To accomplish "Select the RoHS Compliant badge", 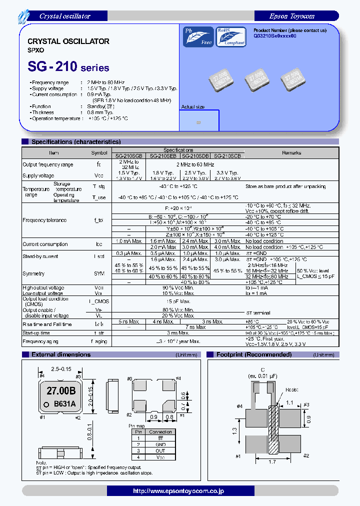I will point(231,36).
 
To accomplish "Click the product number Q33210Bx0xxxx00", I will point(275,36).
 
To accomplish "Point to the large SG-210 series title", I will point(68,66).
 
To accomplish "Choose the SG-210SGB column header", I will point(129,156).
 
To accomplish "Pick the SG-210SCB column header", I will point(227,156).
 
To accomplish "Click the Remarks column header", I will point(291,153).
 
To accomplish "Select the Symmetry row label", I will point(33,273).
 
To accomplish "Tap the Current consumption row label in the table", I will point(45,244).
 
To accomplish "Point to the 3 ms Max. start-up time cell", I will point(178,333).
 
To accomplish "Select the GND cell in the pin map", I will point(160,444).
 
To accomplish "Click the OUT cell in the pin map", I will point(160,450).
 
